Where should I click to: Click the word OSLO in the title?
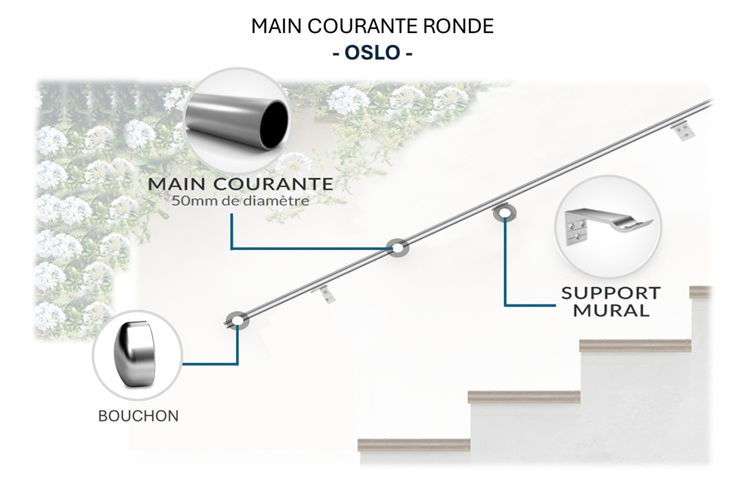tap(373, 53)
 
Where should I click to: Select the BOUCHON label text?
tap(138, 416)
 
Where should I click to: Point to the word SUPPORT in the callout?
tap(611, 292)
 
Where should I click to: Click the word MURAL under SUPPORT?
tap(611, 310)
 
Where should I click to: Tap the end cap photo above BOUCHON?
tap(137, 355)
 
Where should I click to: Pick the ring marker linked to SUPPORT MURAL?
tap(504, 213)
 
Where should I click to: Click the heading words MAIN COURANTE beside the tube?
tap(240, 185)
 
